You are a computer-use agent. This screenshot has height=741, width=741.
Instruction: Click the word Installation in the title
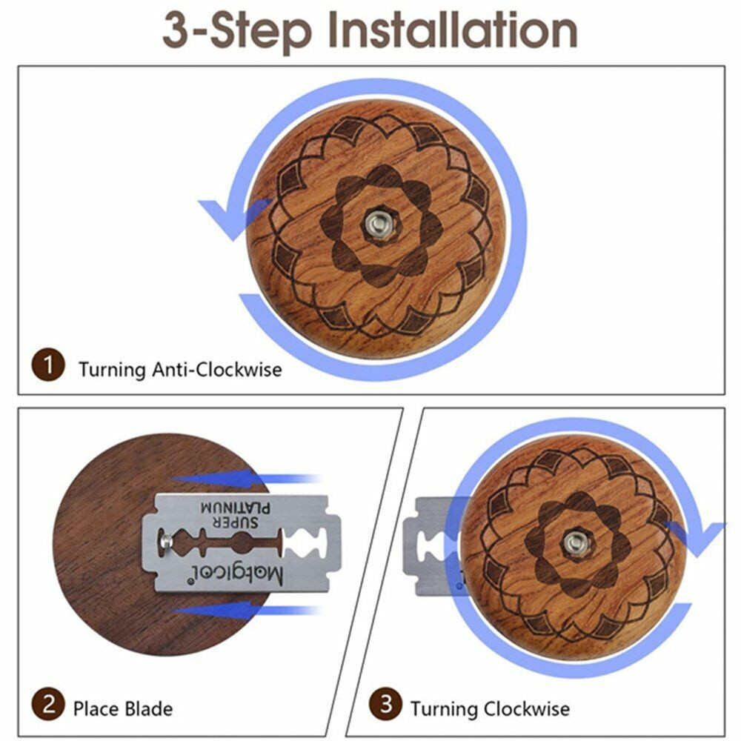click(452, 30)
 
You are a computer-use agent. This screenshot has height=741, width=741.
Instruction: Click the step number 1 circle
click(47, 365)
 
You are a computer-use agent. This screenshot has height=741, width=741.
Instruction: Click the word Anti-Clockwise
click(217, 370)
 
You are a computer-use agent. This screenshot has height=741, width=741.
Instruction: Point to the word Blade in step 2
click(148, 709)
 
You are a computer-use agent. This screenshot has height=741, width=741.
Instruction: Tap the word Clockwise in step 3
click(526, 709)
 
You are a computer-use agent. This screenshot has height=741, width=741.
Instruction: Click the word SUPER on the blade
click(236, 522)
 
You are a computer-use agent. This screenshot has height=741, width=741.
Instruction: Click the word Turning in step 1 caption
click(112, 370)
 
